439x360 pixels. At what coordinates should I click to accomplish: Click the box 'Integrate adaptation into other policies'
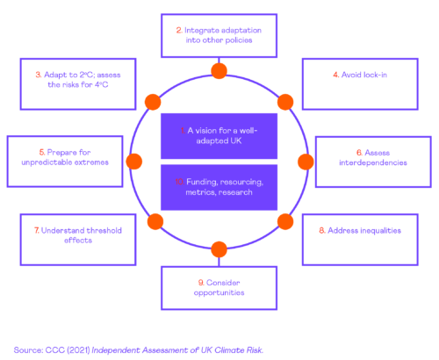tap(218, 35)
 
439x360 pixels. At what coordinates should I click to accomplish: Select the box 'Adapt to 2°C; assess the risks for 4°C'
tap(72, 84)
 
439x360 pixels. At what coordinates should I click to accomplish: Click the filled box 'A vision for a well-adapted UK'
tap(219, 135)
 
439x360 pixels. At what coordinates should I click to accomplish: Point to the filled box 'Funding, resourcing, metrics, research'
tap(219, 186)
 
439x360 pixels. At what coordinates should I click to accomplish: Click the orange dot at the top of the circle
tap(219, 71)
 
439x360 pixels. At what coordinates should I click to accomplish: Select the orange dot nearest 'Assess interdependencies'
tap(306, 162)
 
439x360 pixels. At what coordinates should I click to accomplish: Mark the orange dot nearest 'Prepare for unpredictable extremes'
tap(133, 162)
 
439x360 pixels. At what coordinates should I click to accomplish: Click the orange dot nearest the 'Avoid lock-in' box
tap(285, 101)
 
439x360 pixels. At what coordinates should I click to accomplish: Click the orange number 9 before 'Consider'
tap(201, 283)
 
